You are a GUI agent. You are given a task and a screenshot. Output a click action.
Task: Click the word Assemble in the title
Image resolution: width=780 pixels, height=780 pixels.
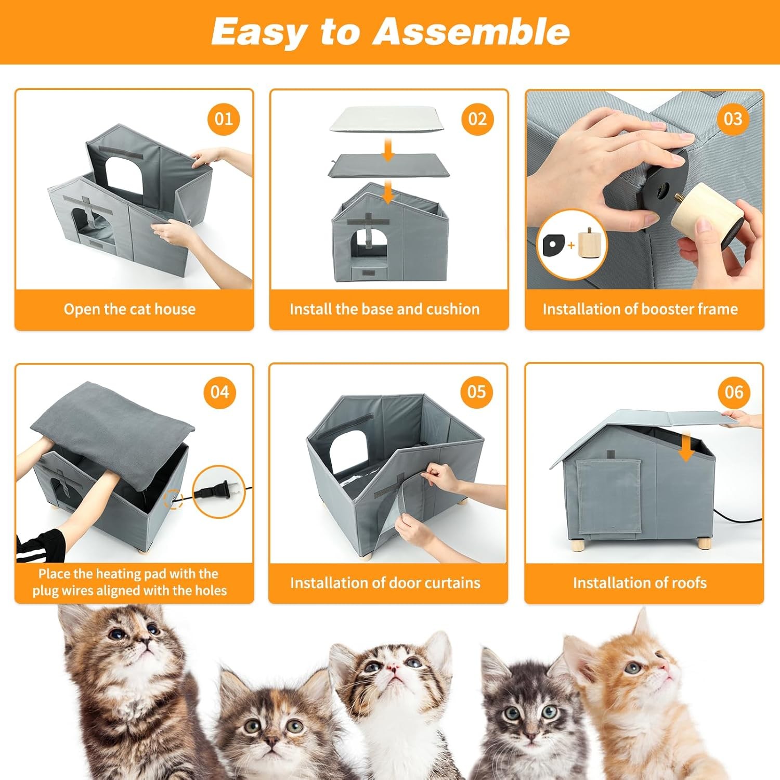click(471, 31)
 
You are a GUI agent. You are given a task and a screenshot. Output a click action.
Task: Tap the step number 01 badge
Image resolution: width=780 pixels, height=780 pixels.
click(224, 119)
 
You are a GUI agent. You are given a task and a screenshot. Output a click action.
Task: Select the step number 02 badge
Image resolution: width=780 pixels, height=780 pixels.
click(477, 119)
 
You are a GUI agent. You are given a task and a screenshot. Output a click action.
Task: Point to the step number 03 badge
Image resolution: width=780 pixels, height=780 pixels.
click(733, 119)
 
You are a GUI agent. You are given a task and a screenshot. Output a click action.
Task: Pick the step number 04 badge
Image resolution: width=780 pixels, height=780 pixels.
click(220, 392)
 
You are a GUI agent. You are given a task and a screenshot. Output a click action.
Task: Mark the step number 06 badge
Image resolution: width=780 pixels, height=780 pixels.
click(734, 392)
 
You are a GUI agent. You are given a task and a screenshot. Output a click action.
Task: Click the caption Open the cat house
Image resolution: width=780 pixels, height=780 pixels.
click(130, 309)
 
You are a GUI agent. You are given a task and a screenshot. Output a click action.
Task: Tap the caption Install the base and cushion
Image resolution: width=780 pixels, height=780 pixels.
click(385, 309)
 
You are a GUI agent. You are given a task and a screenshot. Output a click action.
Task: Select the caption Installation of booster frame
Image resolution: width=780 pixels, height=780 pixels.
click(640, 309)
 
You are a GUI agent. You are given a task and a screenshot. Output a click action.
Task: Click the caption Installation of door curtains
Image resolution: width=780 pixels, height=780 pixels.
click(385, 582)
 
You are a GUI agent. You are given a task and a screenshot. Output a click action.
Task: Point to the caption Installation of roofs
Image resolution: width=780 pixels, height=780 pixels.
click(640, 582)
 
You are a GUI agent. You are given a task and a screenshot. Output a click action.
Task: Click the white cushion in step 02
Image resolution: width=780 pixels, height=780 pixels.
click(387, 120)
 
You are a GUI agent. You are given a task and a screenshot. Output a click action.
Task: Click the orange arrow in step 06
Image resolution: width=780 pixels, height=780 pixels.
click(686, 446)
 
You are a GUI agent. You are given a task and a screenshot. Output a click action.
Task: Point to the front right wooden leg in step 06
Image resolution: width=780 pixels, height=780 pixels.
click(705, 544)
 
